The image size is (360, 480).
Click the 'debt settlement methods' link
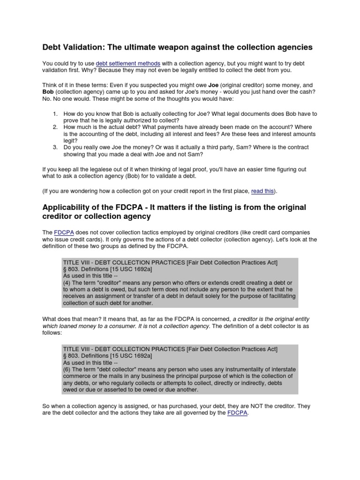point(128,63)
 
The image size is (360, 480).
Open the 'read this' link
point(263,191)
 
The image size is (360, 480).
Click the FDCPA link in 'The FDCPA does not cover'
point(61,232)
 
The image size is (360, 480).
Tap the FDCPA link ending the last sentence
point(237,413)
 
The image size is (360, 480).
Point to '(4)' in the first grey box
point(67,283)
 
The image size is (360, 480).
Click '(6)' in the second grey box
point(67,369)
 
